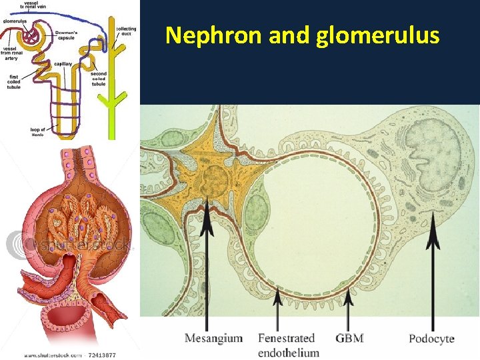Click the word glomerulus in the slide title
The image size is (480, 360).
pyautogui.click(x=377, y=35)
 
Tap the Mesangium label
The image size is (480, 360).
pyautogui.click(x=213, y=338)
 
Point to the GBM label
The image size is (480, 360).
pyautogui.click(x=349, y=338)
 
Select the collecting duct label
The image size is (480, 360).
pyautogui.click(x=126, y=31)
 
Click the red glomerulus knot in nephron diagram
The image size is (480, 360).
pyautogui.click(x=31, y=37)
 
